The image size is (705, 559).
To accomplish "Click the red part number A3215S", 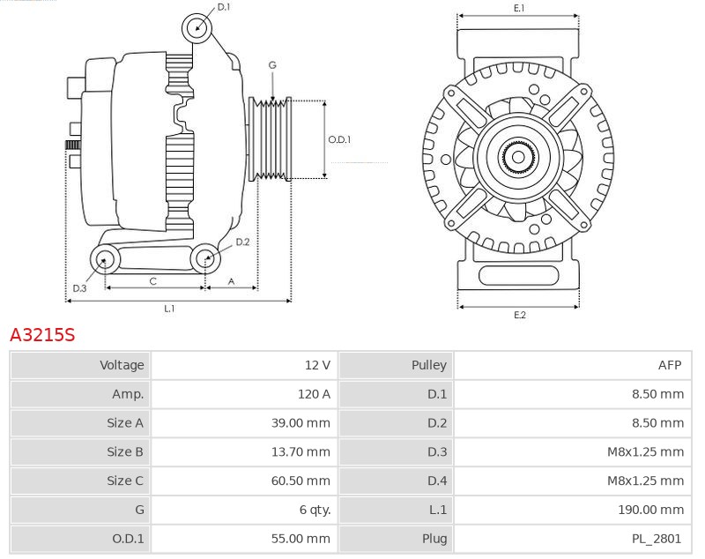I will click(42, 335).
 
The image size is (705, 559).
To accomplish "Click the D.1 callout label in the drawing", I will click(223, 7).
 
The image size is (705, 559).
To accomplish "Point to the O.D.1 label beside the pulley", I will click(339, 139).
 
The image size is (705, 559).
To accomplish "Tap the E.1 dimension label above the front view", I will click(519, 8).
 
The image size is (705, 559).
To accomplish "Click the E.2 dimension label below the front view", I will click(519, 315).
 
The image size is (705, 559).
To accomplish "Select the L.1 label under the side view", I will click(169, 309).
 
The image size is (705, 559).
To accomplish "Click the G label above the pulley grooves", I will click(272, 65).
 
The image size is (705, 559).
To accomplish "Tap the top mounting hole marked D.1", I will click(197, 27).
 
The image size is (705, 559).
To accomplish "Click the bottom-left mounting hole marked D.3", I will click(106, 259).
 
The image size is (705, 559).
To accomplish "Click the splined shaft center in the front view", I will click(518, 158).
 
